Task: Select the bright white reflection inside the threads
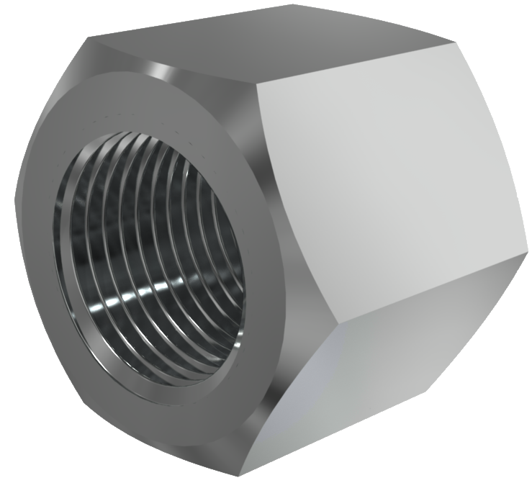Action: pyautogui.click(x=133, y=295)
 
